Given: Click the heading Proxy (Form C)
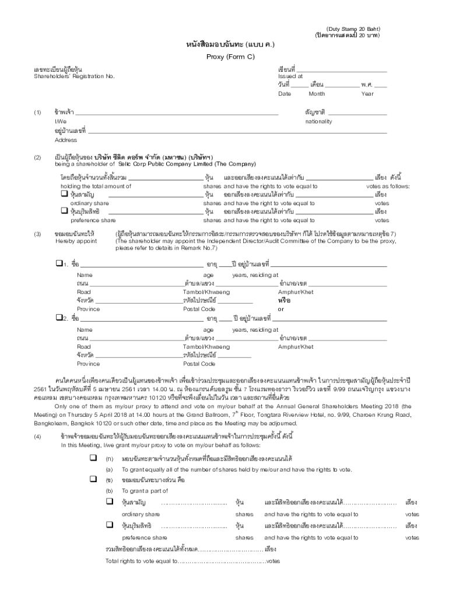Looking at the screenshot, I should [223, 57].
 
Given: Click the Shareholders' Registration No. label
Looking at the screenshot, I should [73, 76].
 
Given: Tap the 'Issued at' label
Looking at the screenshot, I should [290, 76].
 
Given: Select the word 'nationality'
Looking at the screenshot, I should [318, 121].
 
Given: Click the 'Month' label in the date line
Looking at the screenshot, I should [317, 94].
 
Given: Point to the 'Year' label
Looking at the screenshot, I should [367, 94].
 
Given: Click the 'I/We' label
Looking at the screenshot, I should [60, 121].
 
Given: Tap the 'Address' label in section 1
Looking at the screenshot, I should [65, 140].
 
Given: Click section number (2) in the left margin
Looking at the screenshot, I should [37, 157].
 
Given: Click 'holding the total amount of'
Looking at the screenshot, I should [96, 186].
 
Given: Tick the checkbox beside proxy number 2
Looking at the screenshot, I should [58, 318].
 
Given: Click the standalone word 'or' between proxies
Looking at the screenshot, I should [281, 309].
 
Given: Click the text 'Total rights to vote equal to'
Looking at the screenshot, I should [141, 561].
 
